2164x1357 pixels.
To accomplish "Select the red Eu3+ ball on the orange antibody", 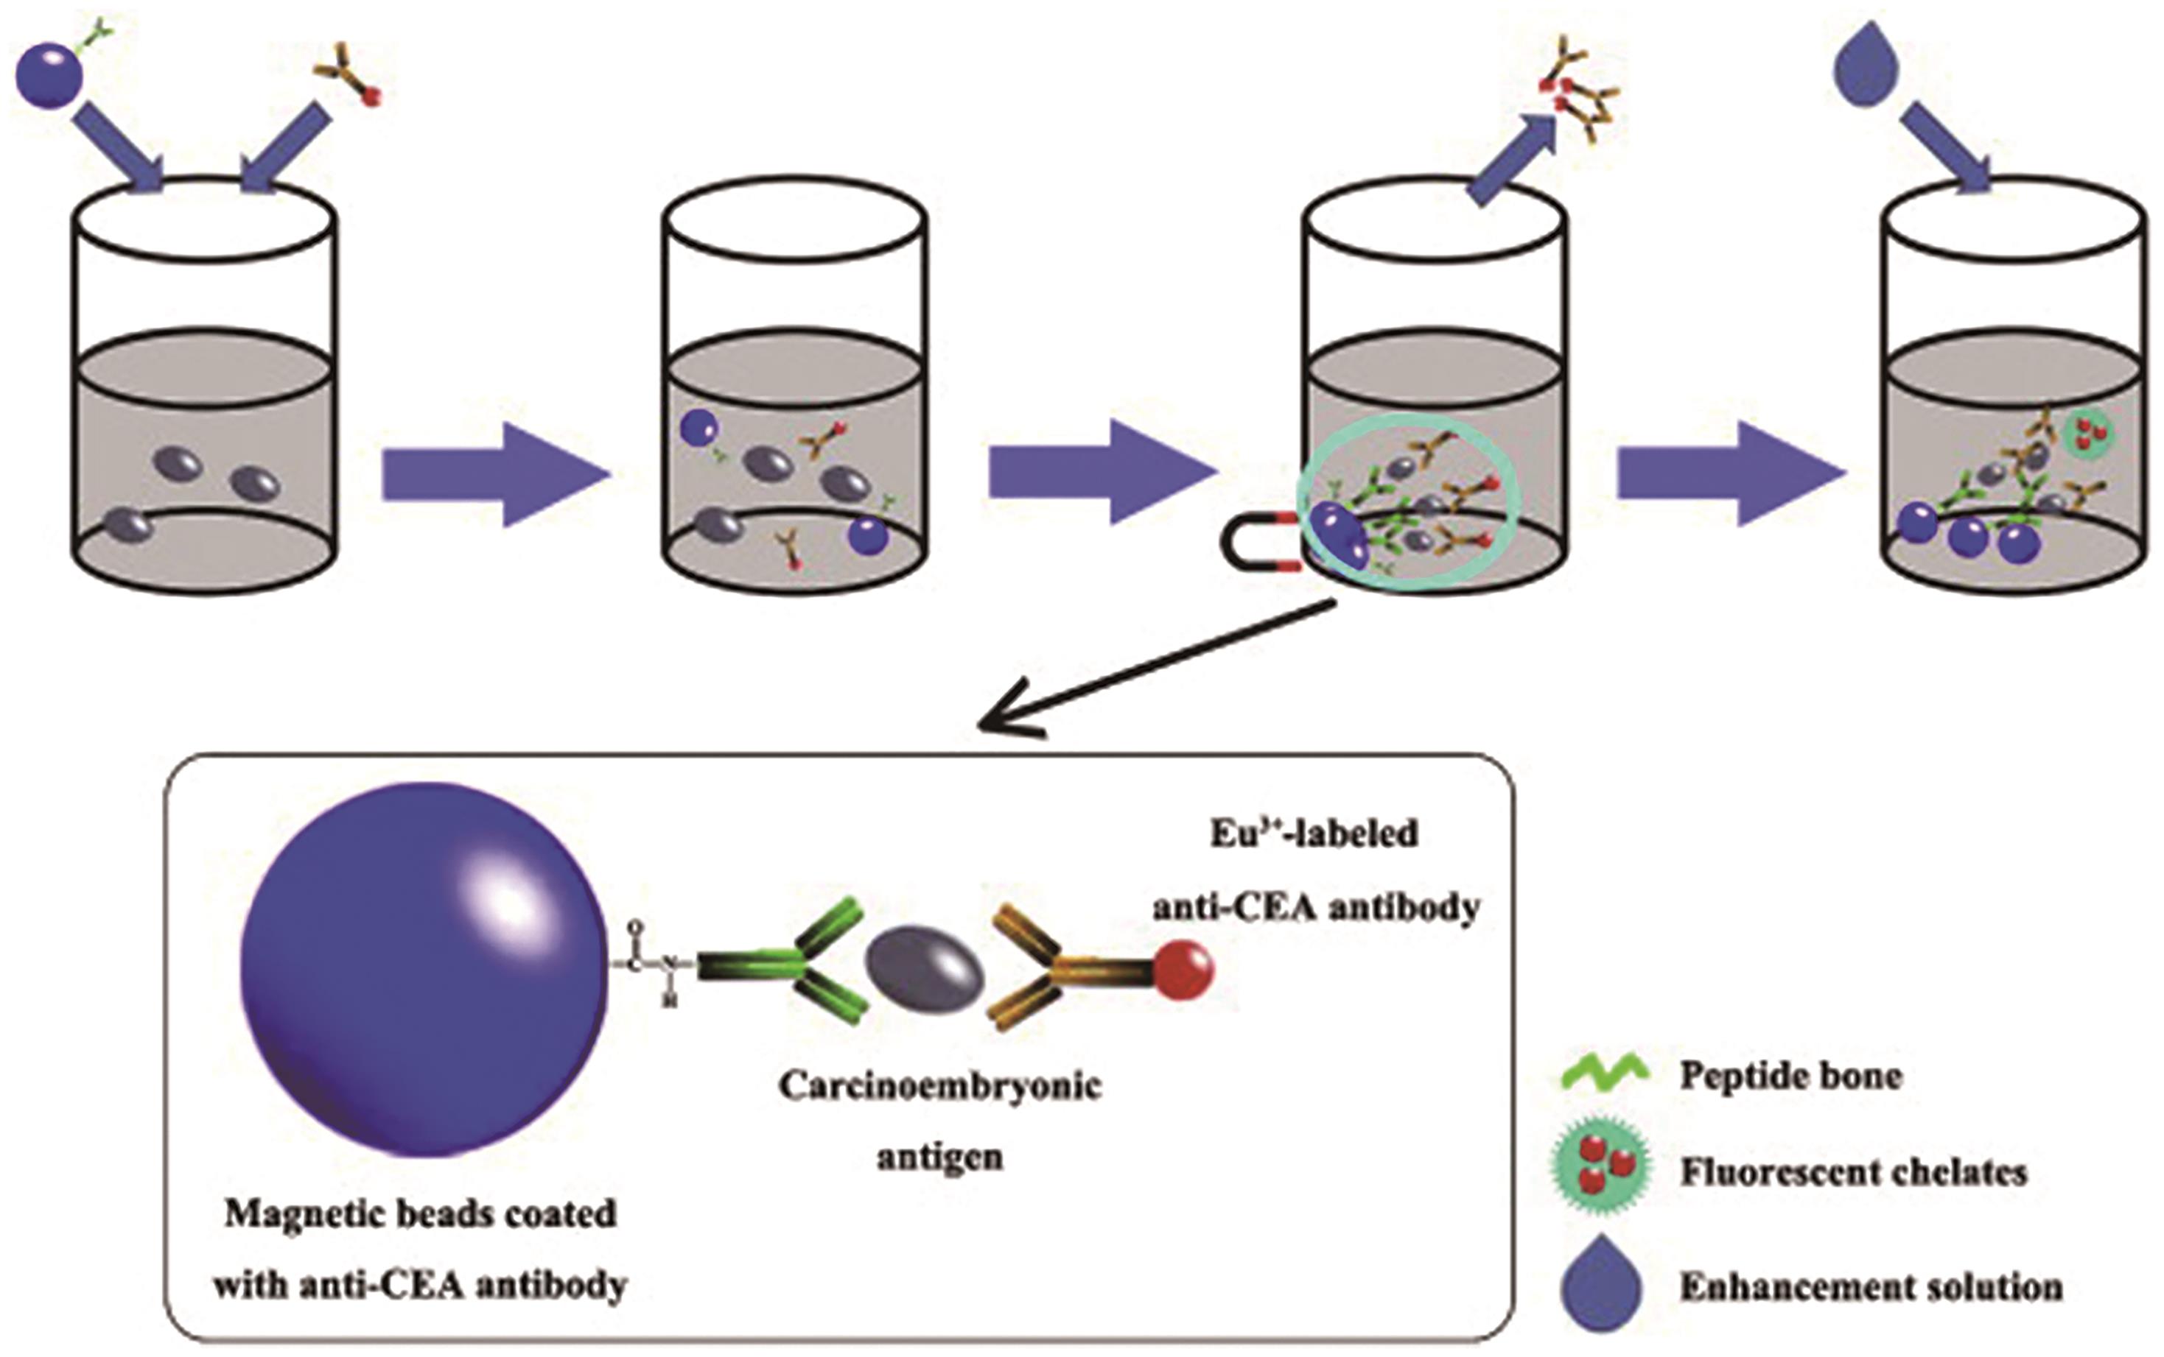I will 1183,970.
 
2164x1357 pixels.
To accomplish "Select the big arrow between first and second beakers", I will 494,474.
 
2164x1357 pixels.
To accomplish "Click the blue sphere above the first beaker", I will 49,77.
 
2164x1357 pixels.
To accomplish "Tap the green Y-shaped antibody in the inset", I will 790,965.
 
